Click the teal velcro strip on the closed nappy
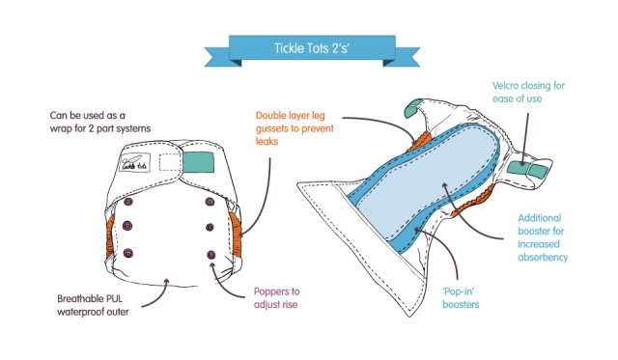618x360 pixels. pyautogui.click(x=210, y=160)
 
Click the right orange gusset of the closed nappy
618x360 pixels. pyautogui.click(x=237, y=233)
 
